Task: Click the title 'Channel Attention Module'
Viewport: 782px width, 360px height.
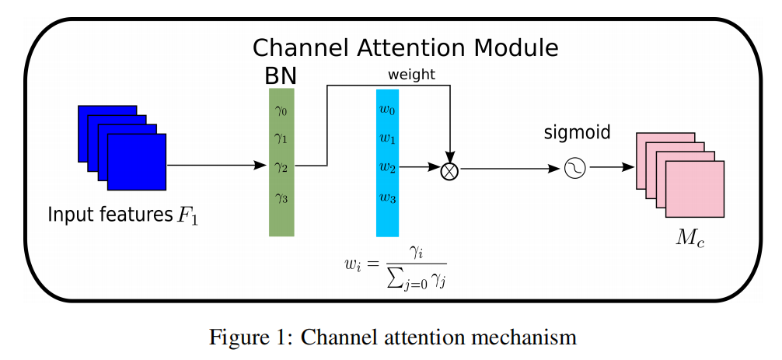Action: click(405, 48)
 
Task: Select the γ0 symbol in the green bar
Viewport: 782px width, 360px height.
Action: click(281, 110)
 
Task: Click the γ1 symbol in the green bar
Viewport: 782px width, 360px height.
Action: click(281, 138)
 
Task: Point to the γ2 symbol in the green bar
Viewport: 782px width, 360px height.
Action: click(281, 166)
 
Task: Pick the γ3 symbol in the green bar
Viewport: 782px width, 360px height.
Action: click(281, 197)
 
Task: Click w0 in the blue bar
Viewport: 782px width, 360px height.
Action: click(387, 110)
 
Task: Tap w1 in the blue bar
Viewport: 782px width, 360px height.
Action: click(387, 138)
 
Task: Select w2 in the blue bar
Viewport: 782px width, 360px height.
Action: click(387, 167)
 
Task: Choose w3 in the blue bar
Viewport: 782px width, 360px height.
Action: click(387, 197)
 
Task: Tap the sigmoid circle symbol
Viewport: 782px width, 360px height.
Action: click(574, 168)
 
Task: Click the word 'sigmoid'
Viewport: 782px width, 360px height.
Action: click(576, 133)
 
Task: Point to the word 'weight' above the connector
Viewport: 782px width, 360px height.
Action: click(411, 75)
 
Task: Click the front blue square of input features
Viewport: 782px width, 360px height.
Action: click(136, 162)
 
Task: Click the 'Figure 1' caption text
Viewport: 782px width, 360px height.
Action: click(393, 337)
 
